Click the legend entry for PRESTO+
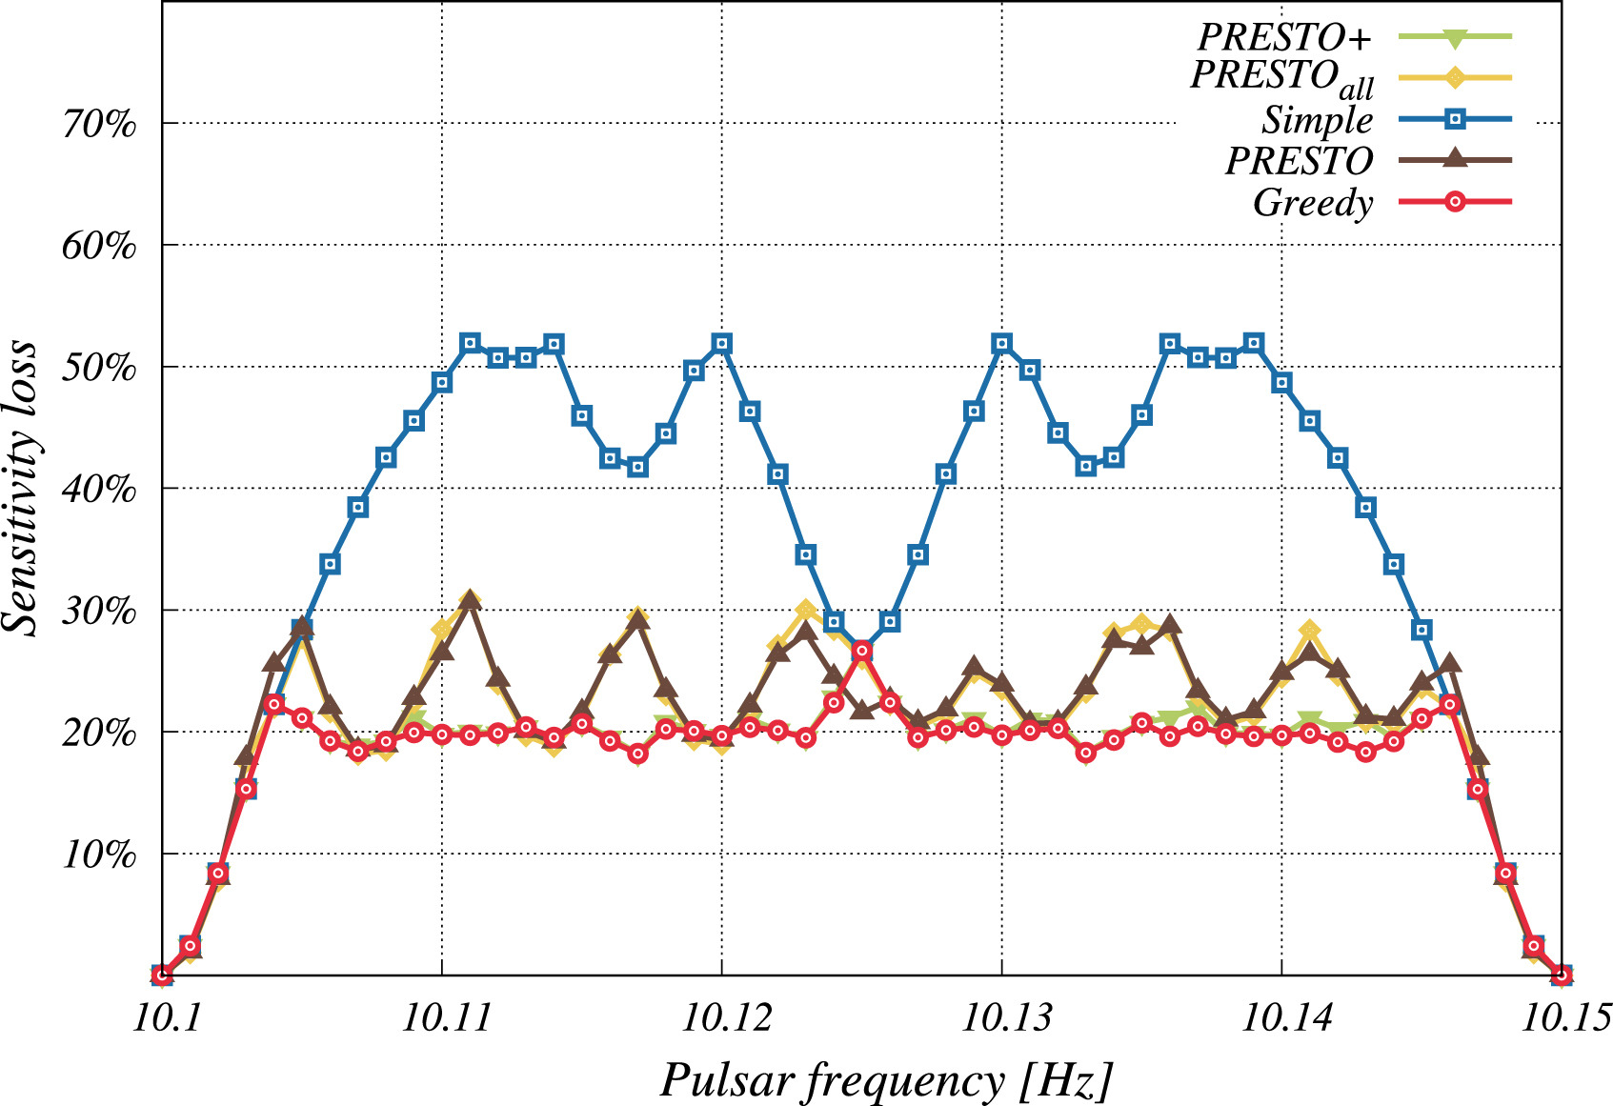click(x=1283, y=37)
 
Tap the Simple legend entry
click(x=1317, y=120)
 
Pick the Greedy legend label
click(x=1312, y=202)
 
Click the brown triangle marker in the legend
click(x=1455, y=158)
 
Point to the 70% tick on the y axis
click(x=99, y=124)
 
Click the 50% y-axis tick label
click(x=99, y=368)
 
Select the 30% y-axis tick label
click(x=99, y=611)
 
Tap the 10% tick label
click(x=99, y=855)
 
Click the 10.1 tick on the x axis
click(x=163, y=1017)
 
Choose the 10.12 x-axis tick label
click(x=721, y=1017)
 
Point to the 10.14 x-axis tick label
click(x=1281, y=1017)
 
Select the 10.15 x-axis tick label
click(x=1560, y=1017)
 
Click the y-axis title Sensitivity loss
click(x=21, y=488)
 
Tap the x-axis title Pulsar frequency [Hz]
click(x=886, y=1080)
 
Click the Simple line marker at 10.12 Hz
click(x=722, y=343)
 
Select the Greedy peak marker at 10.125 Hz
click(x=862, y=651)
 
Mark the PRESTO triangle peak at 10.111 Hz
click(x=470, y=601)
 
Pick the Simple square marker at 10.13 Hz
click(x=1001, y=343)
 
